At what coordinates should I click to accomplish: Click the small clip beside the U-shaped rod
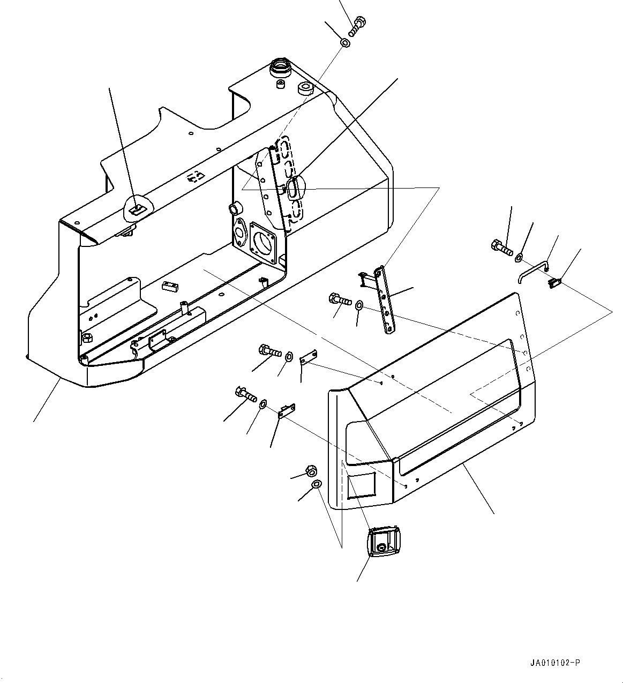point(554,283)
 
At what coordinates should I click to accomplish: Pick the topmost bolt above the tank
point(358,26)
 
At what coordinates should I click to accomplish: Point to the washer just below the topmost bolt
point(346,42)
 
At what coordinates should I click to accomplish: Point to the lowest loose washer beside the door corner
point(317,485)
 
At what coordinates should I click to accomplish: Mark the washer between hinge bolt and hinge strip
point(359,306)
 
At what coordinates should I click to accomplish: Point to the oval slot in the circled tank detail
point(294,189)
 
